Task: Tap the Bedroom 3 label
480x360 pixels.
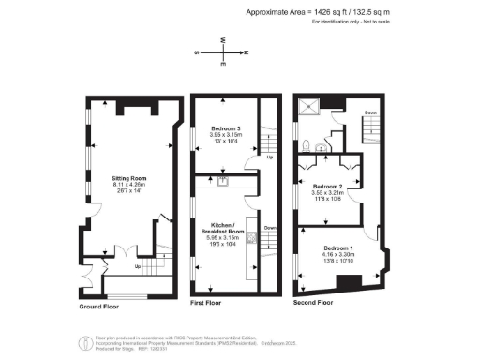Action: [226, 127]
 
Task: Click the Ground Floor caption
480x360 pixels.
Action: [99, 306]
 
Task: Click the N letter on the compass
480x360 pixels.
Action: [246, 53]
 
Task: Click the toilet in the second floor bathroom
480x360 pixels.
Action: [308, 146]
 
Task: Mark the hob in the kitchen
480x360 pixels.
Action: [252, 238]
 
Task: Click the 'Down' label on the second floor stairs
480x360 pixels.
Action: [370, 113]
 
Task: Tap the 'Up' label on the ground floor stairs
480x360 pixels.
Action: [139, 267]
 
